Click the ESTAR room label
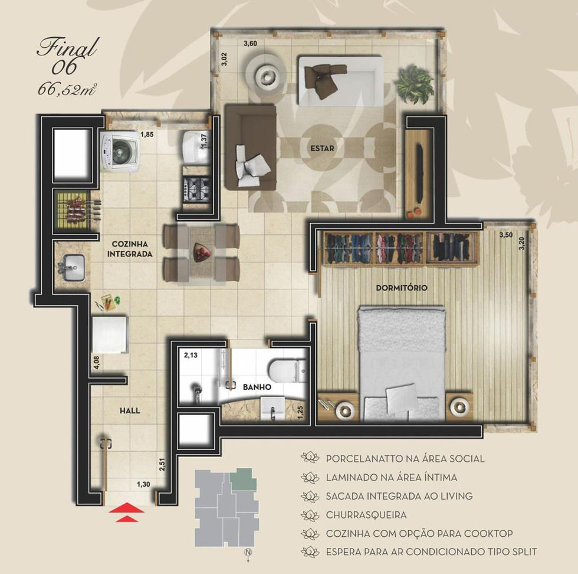tap(322, 148)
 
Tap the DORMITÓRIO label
tap(402, 288)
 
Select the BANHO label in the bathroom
tap(257, 387)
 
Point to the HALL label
tap(130, 410)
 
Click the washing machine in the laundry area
tap(119, 152)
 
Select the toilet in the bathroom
tap(288, 371)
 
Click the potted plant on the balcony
tap(414, 84)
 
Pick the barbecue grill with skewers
tap(77, 210)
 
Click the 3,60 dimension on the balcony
tap(250, 44)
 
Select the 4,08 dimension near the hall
tap(96, 363)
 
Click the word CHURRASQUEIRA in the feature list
tap(366, 515)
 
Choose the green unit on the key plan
tap(243, 480)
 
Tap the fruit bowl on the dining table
tap(201, 253)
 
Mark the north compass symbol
tap(248, 553)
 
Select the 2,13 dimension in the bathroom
tap(191, 355)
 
